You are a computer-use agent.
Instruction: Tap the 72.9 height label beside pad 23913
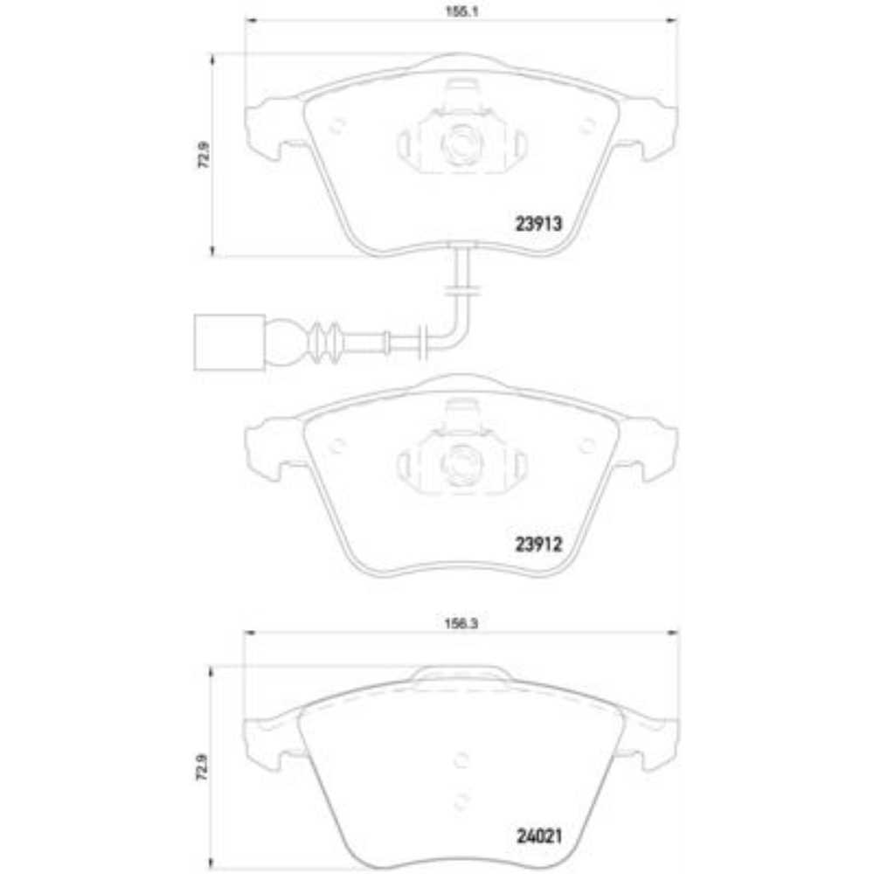pos(204,156)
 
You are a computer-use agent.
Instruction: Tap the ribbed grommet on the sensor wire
pos(327,342)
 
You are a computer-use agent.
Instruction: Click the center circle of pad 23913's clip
pos(461,142)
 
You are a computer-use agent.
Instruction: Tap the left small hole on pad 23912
pos(335,445)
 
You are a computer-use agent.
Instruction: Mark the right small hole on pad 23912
pos(586,445)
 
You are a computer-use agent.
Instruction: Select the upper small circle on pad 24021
pos(462,759)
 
